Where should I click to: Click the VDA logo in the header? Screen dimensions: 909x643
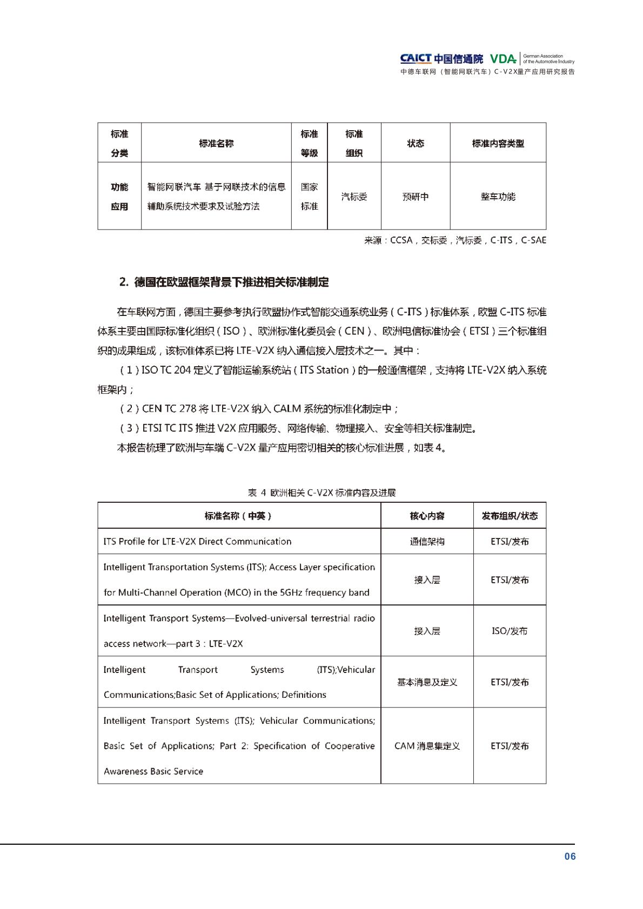click(503, 59)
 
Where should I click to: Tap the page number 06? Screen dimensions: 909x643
click(570, 856)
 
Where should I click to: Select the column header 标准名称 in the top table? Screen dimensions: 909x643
click(216, 143)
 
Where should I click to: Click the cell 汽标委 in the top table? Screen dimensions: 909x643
click(354, 197)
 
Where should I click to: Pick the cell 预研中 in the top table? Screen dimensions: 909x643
click(416, 197)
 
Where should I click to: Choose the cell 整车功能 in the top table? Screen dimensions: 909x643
click(498, 197)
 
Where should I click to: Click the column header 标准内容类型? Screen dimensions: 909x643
click(498, 143)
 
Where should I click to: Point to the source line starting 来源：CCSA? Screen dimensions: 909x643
click(455, 240)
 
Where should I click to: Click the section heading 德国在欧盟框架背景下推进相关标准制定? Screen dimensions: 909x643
click(224, 282)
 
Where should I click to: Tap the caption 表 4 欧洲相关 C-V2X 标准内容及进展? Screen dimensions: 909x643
click(321, 492)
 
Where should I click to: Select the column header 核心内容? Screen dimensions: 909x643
click(427, 516)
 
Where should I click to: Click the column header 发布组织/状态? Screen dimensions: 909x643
click(510, 516)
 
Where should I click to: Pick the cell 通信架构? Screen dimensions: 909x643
click(427, 541)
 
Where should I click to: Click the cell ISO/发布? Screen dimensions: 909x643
click(510, 631)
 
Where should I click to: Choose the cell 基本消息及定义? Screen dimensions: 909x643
click(427, 682)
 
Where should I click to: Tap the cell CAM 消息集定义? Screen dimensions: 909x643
click(427, 746)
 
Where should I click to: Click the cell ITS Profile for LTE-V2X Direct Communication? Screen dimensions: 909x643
click(197, 541)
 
